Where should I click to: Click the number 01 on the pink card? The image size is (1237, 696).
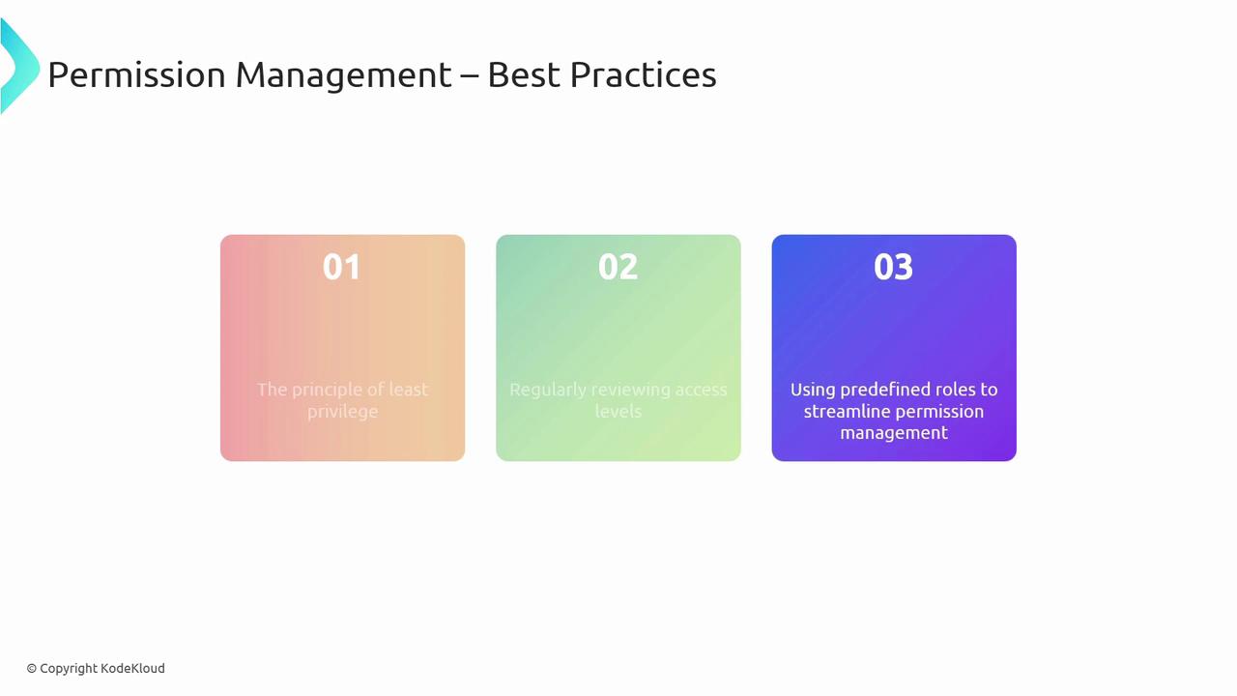[342, 267]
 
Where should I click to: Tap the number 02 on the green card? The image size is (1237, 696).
[618, 267]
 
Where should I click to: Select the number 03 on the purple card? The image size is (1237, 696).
[894, 267]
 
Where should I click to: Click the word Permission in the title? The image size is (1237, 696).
[137, 74]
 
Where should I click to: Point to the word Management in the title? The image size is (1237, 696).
[343, 76]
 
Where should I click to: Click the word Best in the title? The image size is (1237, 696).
[524, 74]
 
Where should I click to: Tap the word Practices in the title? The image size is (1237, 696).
[644, 74]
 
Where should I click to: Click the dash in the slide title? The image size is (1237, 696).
[470, 76]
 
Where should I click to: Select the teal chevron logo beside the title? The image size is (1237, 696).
[18, 67]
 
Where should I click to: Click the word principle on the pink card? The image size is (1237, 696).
[329, 390]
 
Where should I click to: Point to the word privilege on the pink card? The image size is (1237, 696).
[342, 412]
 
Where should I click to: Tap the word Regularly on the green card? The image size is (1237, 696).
[548, 390]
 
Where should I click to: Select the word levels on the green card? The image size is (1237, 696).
[618, 412]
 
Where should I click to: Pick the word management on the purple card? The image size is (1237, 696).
[894, 433]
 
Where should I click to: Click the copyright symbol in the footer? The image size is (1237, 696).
[32, 669]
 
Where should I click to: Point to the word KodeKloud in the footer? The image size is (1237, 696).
[132, 668]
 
